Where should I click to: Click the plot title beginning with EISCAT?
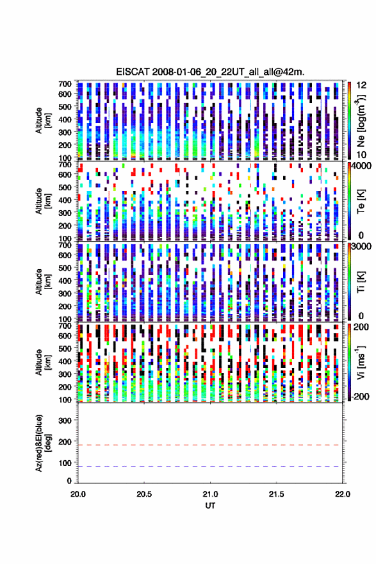[210, 72]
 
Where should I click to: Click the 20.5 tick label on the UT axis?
[144, 494]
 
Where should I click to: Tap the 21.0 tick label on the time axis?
[210, 494]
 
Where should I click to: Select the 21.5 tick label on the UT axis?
[277, 494]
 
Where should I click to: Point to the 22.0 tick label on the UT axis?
[343, 494]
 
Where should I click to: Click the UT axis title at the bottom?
[210, 506]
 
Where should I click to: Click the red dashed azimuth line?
[210, 445]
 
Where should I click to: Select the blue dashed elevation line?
[210, 466]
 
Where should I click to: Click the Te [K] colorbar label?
[361, 201]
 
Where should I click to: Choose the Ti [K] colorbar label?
[361, 282]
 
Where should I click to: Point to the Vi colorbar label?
[361, 362]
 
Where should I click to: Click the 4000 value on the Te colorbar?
[362, 166]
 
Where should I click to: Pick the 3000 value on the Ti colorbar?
[362, 246]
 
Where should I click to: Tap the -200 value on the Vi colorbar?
[361, 397]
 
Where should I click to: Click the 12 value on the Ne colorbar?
[361, 85]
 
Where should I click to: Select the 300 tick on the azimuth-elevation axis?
[65, 420]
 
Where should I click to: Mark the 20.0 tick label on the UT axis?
[78, 494]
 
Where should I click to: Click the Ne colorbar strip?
[349, 120]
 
